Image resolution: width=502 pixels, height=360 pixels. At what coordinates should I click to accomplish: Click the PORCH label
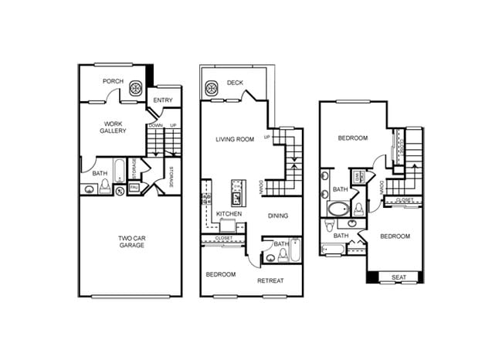point(113,81)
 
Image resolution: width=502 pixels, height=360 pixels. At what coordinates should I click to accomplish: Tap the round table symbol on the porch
point(135,89)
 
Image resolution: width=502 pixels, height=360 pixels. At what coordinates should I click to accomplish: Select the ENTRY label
point(162,100)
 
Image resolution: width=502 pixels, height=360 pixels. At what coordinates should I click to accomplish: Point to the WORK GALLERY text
point(113,127)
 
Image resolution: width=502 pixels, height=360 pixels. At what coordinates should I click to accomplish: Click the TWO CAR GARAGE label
point(131,241)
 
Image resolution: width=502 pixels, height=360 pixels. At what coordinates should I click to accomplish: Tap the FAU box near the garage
point(134,188)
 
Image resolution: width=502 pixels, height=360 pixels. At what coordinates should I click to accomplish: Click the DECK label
point(235,83)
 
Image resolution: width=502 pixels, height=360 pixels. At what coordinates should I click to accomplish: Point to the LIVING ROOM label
point(235,139)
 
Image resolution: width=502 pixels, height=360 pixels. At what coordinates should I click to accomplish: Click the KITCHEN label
point(229,213)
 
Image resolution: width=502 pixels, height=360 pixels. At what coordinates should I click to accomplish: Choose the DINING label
point(278,216)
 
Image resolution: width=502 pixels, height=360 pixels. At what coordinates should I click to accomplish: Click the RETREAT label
point(272,280)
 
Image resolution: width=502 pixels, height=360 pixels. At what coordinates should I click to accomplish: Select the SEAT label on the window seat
point(399,277)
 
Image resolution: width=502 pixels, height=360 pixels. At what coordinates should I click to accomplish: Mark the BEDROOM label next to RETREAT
point(221,274)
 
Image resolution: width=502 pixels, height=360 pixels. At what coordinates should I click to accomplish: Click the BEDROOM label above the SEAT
point(394,236)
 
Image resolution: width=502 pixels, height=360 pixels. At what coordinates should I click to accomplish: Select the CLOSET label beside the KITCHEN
point(224,238)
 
